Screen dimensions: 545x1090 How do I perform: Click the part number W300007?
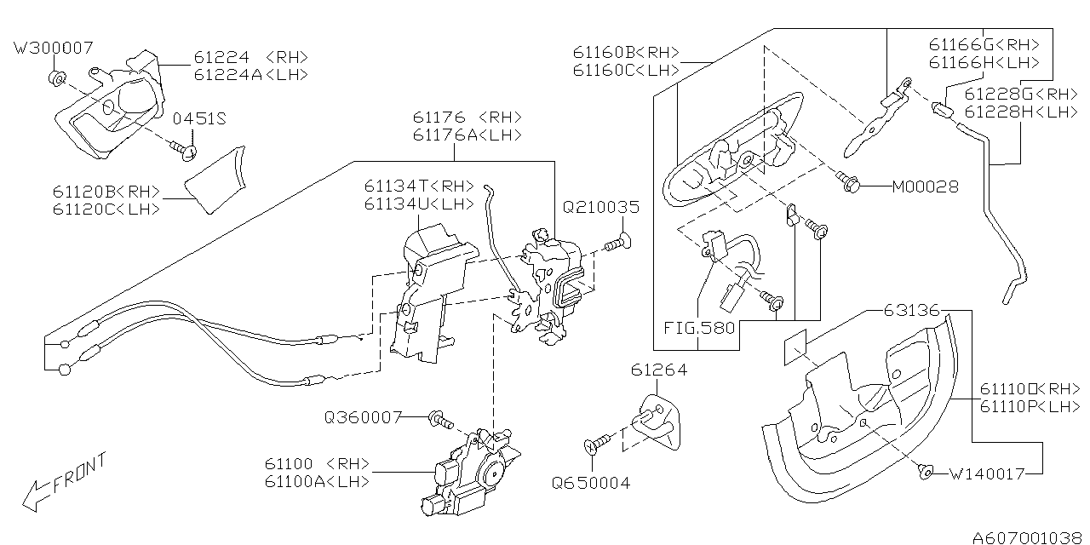coord(54,48)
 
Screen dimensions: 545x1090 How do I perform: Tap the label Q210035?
coord(600,207)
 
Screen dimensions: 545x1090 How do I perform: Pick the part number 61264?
coord(658,370)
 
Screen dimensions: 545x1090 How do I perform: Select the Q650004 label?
coord(591,483)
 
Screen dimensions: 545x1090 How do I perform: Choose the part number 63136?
coord(911,311)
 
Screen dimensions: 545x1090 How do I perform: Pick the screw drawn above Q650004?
coord(598,442)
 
